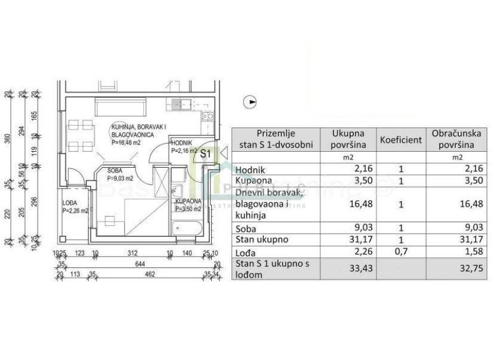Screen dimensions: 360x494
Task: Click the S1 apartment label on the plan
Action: coord(206,153)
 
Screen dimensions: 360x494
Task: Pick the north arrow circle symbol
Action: coord(251,102)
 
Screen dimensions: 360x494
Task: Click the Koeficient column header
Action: coord(400,140)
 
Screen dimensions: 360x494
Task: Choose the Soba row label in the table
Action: coord(246,227)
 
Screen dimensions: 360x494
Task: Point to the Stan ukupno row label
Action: coord(263,239)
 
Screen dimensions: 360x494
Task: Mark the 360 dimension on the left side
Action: coord(8,139)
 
